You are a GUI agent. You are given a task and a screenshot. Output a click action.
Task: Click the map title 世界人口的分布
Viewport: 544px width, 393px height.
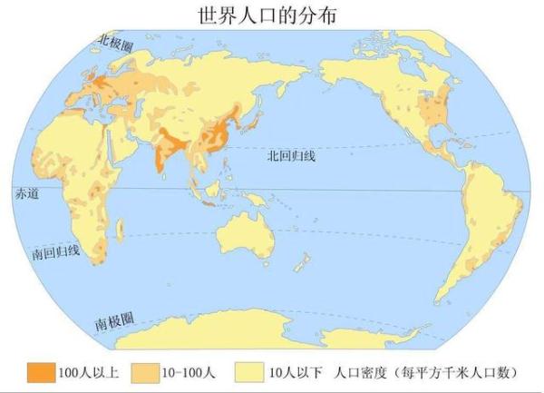pos(273,15)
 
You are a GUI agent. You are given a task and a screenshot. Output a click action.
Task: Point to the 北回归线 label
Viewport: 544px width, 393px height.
pos(290,155)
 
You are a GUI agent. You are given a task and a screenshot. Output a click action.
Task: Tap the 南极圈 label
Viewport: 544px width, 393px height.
pos(115,320)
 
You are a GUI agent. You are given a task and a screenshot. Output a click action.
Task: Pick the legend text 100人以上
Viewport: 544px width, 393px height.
pos(87,371)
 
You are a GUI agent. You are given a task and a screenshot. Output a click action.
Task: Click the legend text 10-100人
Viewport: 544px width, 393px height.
pos(189,371)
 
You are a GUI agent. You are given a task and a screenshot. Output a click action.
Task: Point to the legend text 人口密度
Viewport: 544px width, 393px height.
pos(359,371)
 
